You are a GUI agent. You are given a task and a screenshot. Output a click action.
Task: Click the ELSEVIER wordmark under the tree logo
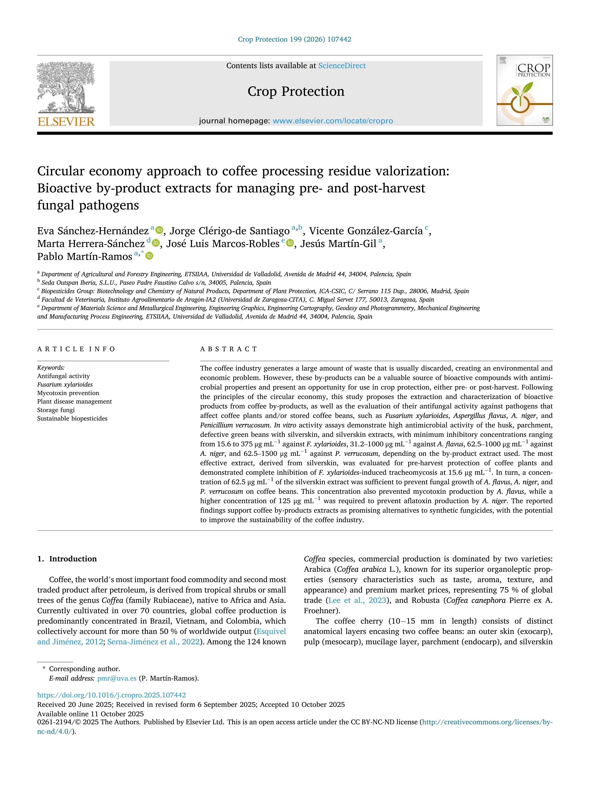66,122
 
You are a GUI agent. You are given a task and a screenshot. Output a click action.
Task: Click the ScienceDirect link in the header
342,66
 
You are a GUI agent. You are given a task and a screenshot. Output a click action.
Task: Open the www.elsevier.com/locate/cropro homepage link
333,121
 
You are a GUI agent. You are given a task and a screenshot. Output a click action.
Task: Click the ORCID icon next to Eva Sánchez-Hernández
159,230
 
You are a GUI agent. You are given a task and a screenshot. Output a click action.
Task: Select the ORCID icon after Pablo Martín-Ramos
150,256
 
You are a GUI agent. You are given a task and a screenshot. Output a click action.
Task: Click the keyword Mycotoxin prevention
68,393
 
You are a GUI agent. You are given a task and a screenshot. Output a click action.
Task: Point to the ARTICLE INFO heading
76,349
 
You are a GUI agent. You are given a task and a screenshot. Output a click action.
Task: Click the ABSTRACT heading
228,349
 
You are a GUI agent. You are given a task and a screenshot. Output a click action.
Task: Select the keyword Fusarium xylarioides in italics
65,385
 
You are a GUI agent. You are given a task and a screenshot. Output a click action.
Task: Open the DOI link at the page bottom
111,695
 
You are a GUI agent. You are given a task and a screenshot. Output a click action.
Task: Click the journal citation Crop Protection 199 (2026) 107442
295,39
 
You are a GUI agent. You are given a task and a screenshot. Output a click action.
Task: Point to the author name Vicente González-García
366,231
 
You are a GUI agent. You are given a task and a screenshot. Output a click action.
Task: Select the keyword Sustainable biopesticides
72,419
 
